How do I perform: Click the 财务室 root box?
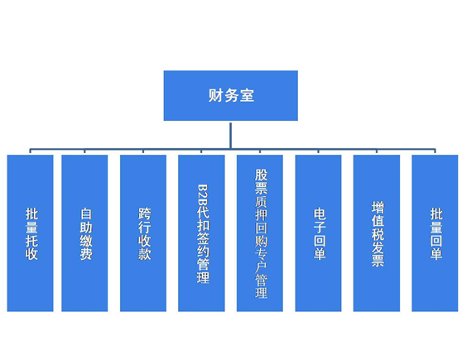[231, 95]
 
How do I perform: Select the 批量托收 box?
[30, 233]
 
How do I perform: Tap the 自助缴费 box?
[84, 233]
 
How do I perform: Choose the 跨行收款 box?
[143, 233]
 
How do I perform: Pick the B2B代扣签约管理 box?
[201, 233]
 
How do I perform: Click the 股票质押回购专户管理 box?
[260, 233]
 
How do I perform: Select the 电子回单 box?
[318, 233]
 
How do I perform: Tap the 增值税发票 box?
[377, 233]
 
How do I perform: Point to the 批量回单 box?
[435, 233]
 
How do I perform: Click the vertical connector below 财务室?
[230, 136]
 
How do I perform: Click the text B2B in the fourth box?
[203, 195]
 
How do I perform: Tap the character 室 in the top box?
[247, 95]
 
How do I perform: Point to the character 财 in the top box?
[215, 95]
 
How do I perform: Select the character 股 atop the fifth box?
[261, 175]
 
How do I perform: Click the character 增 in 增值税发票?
[378, 208]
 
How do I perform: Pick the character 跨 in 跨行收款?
[144, 214]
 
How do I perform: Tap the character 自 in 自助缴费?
[86, 214]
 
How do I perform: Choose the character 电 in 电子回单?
[320, 214]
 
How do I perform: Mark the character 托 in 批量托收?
[31, 240]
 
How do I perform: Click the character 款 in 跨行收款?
[144, 254]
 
